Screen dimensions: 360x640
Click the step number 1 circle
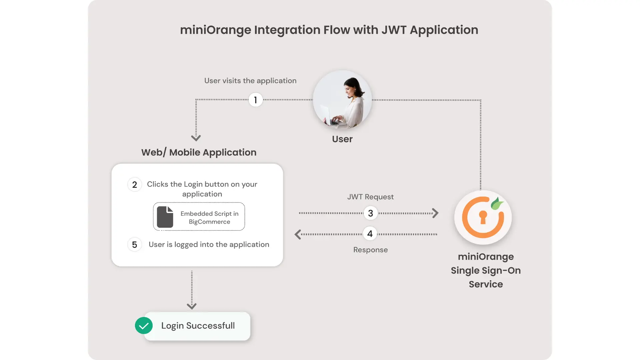[256, 100]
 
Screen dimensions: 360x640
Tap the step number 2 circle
[135, 185]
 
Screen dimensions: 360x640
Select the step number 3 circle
[370, 213]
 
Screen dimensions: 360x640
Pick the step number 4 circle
[370, 234]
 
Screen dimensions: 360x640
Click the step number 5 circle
[135, 245]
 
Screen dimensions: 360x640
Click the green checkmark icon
[144, 326]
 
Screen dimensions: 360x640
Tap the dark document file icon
[165, 217]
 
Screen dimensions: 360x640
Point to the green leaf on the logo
[497, 203]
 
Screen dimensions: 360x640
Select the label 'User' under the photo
[342, 139]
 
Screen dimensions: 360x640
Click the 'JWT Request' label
[370, 197]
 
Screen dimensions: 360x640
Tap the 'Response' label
[370, 250]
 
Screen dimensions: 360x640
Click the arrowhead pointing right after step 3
[435, 213]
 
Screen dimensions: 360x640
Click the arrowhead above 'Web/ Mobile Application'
[196, 138]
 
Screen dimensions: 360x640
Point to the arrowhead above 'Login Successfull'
[192, 306]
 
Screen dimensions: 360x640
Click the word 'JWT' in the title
[394, 30]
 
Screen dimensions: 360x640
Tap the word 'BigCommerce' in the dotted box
[209, 222]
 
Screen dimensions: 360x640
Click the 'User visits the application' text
[250, 81]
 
